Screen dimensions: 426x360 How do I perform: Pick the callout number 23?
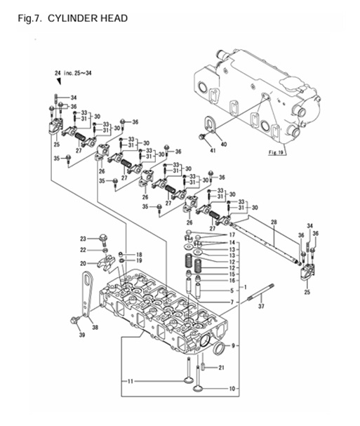82,239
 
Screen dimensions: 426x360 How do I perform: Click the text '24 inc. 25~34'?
74,74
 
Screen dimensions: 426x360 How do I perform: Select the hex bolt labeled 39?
73,322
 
